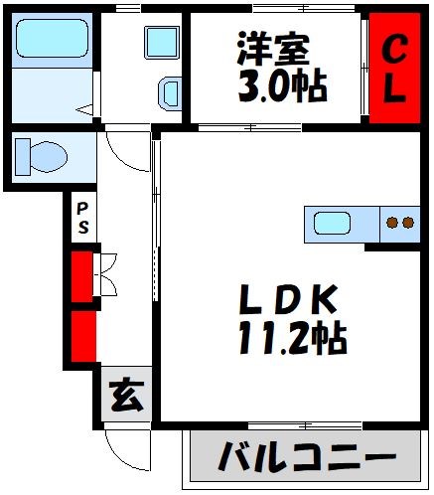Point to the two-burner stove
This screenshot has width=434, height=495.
coord(399,224)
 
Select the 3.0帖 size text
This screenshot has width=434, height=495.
coord(282,87)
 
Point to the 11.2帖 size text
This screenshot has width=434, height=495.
coord(291,341)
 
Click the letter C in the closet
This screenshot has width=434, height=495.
coord(394,49)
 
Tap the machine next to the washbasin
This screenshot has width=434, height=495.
coord(169,94)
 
